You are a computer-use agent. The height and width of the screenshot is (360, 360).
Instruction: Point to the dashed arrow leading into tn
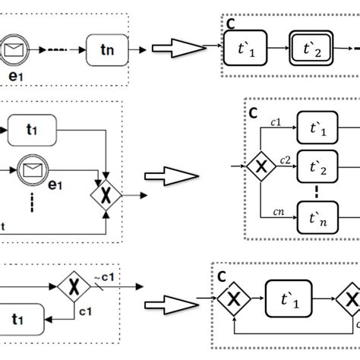coord(65,50)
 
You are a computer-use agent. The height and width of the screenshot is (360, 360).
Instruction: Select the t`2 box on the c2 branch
coord(318,165)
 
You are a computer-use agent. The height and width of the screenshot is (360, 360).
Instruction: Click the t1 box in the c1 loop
coord(24,320)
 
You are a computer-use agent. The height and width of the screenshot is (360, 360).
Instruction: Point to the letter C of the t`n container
coord(253,112)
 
